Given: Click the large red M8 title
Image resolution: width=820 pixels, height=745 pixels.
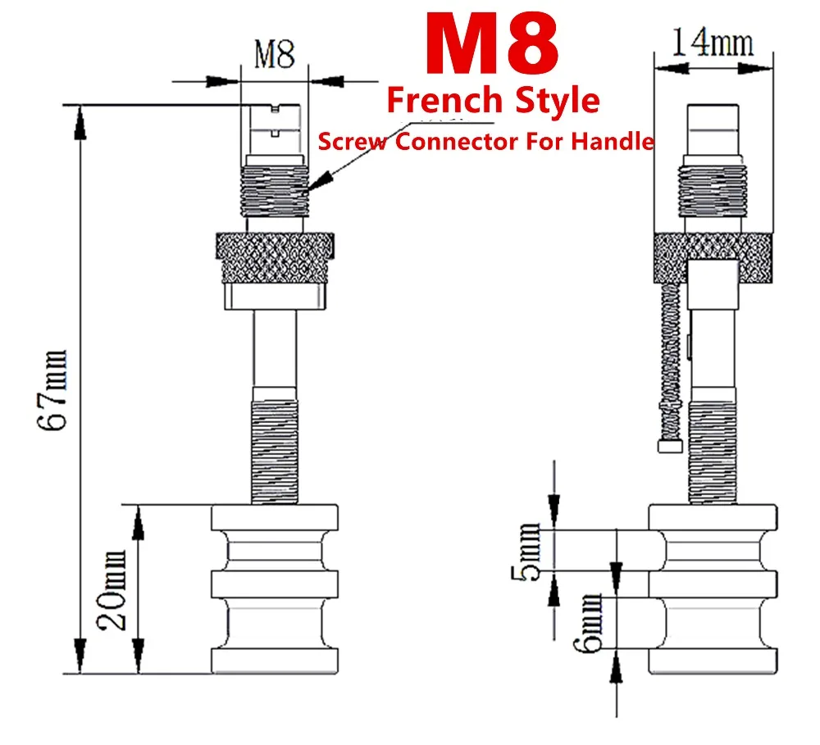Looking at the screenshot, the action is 491,44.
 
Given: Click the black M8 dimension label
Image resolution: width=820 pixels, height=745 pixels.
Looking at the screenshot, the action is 275,54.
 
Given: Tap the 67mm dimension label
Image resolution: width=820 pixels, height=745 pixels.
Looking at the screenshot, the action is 52,391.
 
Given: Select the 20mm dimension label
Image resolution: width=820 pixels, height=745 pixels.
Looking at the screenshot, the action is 112,590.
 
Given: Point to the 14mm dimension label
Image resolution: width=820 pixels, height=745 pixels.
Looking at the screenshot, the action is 713,42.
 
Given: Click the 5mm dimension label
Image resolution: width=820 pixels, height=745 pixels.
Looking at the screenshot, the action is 526,552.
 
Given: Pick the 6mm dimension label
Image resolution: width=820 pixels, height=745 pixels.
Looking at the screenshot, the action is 588,623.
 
